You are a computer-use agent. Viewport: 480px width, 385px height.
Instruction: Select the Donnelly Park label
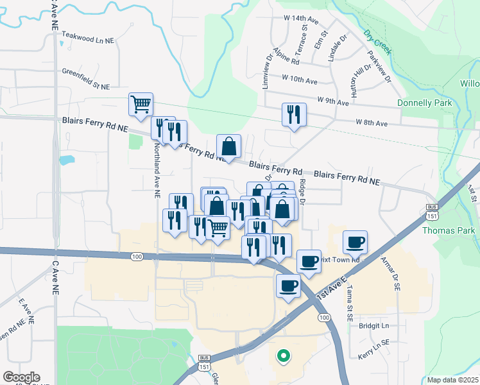424,103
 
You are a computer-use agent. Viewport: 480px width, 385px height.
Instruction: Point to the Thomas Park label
454,230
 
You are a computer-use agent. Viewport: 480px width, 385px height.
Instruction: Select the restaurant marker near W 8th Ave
294,115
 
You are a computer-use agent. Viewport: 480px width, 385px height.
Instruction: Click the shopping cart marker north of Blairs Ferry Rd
141,103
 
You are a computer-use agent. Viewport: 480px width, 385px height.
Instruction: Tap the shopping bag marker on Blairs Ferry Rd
228,146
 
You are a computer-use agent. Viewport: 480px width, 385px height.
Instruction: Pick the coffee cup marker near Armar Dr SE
355,242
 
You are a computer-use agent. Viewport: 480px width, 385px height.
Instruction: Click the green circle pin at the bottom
282,354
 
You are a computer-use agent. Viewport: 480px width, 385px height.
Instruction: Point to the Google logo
21,377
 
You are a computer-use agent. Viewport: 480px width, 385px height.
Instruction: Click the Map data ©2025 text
453,380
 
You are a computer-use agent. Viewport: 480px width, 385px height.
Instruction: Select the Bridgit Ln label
375,326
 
